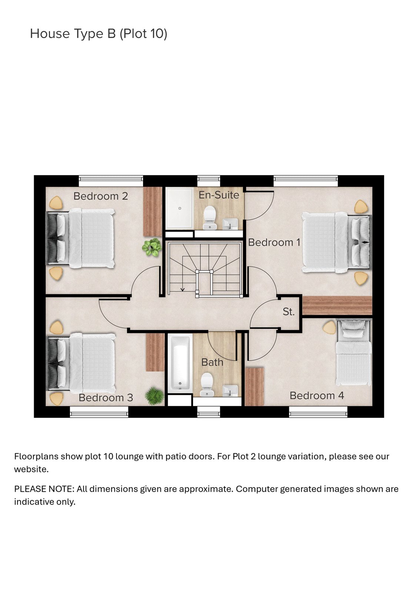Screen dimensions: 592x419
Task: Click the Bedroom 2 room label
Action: [100, 196]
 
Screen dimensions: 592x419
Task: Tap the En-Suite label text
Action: [219, 195]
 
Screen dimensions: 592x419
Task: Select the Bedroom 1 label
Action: [274, 242]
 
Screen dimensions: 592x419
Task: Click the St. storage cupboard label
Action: [288, 312]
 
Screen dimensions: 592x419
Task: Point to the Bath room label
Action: [212, 362]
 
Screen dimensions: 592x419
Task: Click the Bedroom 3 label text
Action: [106, 398]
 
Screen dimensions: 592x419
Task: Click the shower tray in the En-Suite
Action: [179, 208]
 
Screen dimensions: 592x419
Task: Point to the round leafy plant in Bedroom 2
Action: [152, 247]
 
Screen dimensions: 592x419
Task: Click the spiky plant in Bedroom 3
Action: [154, 396]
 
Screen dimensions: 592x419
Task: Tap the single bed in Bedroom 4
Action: [353, 353]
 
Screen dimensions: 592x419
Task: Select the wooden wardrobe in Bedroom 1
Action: [337, 306]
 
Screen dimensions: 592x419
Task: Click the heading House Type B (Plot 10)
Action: [99, 34]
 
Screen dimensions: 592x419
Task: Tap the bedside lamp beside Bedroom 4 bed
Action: [329, 327]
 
